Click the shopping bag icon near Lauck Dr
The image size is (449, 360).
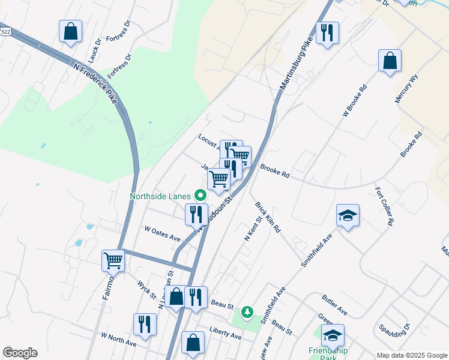click(x=71, y=32)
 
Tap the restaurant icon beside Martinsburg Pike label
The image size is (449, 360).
click(x=327, y=33)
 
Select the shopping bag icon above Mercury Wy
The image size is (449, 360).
click(x=390, y=61)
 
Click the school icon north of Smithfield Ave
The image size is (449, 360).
click(x=348, y=215)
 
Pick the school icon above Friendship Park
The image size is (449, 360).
click(x=333, y=335)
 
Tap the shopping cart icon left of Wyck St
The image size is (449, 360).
click(x=113, y=260)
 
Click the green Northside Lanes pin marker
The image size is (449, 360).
click(x=200, y=195)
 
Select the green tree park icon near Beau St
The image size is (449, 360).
click(x=247, y=312)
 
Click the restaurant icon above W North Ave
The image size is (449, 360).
click(x=145, y=325)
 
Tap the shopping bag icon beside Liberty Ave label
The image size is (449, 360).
click(x=193, y=343)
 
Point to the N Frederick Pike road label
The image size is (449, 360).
click(x=95, y=83)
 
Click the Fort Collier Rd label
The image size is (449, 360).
click(x=384, y=206)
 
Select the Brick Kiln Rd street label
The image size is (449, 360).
click(x=268, y=217)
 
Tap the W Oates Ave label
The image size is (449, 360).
click(x=163, y=233)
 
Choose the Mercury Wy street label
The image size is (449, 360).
click(x=406, y=89)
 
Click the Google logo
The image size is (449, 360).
click(x=20, y=353)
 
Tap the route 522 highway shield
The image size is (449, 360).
click(x=5, y=31)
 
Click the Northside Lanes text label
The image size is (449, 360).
click(x=160, y=196)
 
